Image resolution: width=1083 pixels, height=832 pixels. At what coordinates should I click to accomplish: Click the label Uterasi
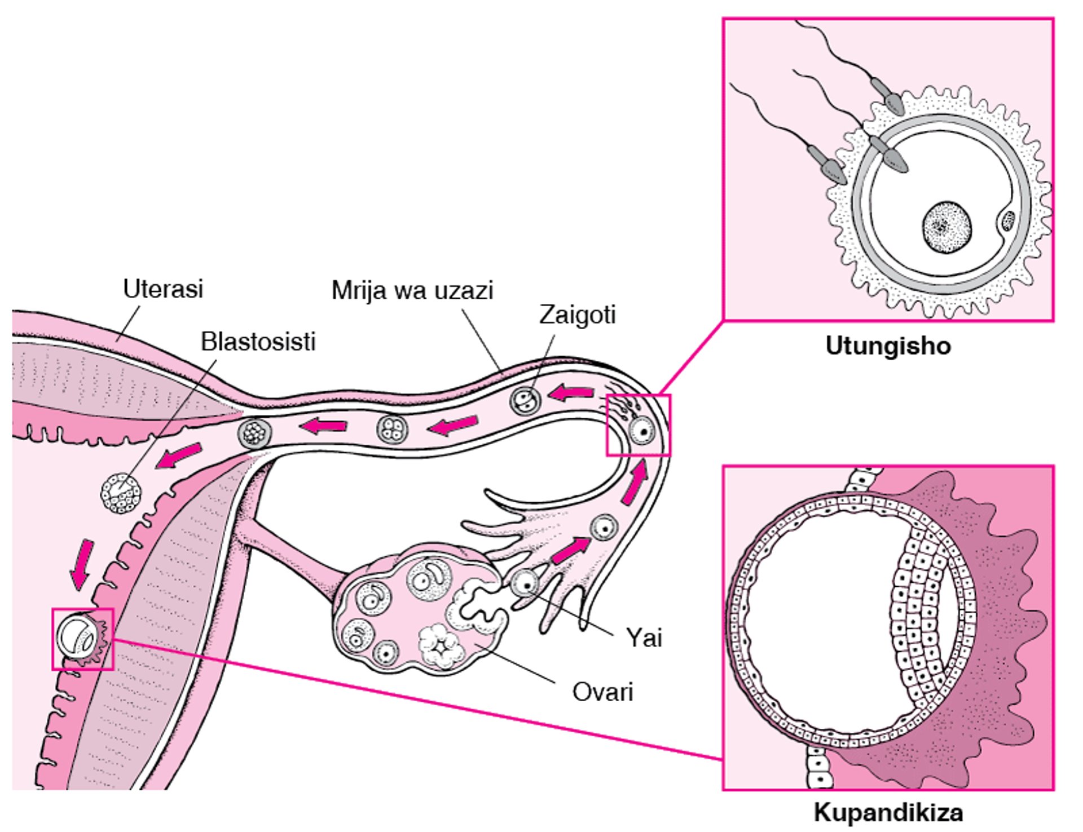click(162, 289)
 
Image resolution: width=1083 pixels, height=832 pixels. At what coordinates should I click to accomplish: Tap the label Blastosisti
click(258, 342)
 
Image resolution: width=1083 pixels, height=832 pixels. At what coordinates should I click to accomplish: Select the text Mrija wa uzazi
click(412, 291)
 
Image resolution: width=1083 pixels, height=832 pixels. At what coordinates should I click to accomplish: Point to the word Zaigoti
click(577, 315)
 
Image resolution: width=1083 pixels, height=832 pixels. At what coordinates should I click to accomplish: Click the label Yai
click(644, 638)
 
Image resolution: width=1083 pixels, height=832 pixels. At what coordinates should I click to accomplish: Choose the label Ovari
click(602, 692)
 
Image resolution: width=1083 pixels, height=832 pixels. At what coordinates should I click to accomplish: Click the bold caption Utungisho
click(888, 346)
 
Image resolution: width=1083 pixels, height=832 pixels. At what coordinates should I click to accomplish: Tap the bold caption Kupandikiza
click(888, 813)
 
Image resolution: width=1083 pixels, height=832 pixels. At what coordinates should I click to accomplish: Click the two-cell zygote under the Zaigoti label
click(525, 401)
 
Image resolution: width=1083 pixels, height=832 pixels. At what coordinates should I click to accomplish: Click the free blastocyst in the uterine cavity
click(121, 493)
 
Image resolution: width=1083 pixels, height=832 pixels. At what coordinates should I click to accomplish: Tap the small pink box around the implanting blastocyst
click(83, 639)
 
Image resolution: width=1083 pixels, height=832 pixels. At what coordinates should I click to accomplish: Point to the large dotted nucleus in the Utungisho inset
click(946, 227)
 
